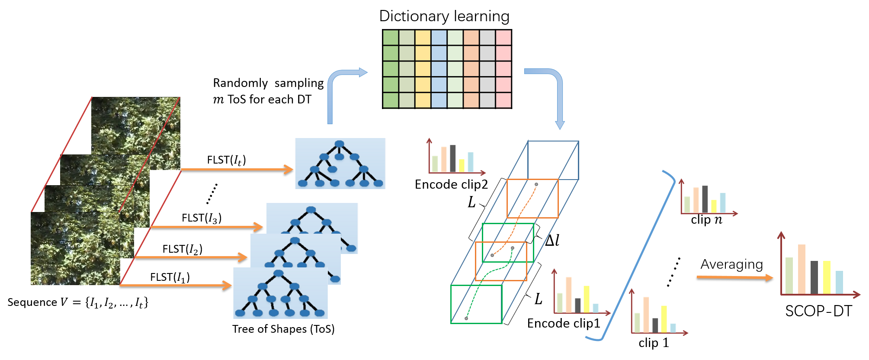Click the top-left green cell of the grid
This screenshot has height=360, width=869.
click(391, 38)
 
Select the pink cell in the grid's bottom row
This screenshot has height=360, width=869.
click(503, 100)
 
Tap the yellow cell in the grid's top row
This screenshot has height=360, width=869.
click(423, 38)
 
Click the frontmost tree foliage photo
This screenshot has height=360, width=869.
click(74, 249)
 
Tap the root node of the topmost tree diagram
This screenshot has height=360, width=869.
click(340, 144)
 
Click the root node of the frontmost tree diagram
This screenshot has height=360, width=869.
click(279, 273)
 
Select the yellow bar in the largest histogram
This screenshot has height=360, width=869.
click(827, 277)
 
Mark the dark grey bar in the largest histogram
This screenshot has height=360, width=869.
click(814, 277)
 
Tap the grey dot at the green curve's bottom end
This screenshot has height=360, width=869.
click(466, 318)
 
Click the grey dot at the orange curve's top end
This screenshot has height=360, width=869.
click(536, 184)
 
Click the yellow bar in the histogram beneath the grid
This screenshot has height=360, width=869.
click(462, 165)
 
